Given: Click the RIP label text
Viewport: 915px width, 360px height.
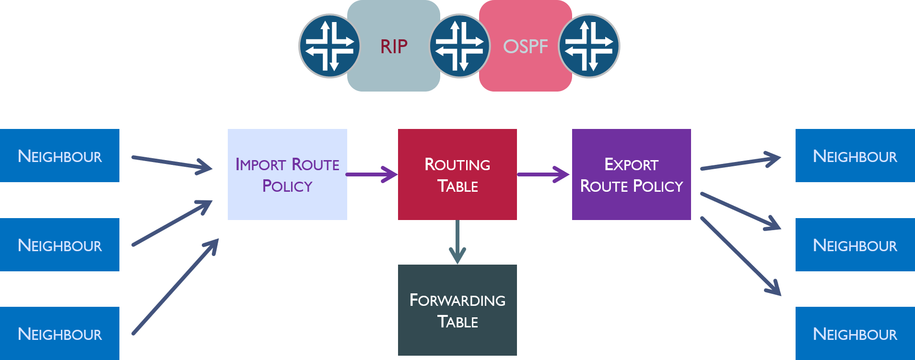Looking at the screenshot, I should click(394, 46).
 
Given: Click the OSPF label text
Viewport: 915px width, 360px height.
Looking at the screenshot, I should click(525, 46).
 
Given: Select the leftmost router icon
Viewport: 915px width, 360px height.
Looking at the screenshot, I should click(329, 46).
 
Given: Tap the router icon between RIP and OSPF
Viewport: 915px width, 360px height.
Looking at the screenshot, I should click(459, 46).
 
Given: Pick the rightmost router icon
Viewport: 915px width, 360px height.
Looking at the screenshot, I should click(589, 46).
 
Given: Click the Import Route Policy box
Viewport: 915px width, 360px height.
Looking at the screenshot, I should click(287, 174).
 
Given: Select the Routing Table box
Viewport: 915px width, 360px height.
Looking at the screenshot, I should click(457, 174).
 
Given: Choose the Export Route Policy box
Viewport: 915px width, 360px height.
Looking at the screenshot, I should click(631, 174).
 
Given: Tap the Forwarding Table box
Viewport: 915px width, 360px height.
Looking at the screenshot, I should click(457, 310).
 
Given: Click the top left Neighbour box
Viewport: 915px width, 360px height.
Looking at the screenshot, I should click(59, 156).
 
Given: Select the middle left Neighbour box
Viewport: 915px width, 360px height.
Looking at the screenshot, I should click(59, 245).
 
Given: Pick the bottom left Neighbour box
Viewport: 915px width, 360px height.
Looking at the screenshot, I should click(59, 334).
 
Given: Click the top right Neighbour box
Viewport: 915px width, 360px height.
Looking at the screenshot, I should click(855, 156).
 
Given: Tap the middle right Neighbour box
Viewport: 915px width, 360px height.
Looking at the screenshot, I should click(855, 245).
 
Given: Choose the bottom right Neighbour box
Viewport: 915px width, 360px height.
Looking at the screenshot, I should click(855, 334).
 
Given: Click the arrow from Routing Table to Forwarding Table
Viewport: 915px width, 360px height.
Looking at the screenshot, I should click(457, 242).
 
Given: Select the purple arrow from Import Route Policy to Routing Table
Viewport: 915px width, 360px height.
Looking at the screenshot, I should click(372, 174).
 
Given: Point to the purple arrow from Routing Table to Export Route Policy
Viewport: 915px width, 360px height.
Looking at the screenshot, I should click(543, 174).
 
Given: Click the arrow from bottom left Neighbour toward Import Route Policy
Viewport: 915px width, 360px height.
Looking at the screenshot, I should click(175, 287).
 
